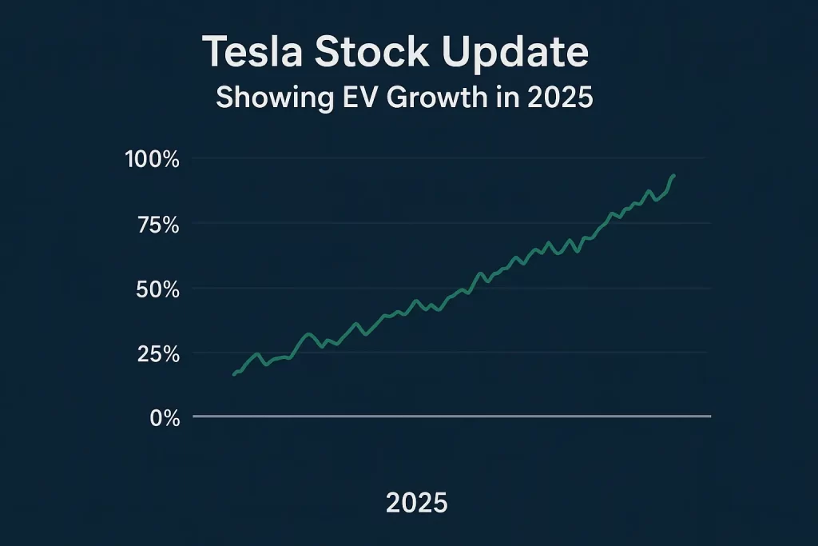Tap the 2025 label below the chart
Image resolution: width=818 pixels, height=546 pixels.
[416, 503]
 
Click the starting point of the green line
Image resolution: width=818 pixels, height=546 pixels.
[234, 374]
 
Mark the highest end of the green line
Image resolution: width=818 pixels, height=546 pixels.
[673, 175]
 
